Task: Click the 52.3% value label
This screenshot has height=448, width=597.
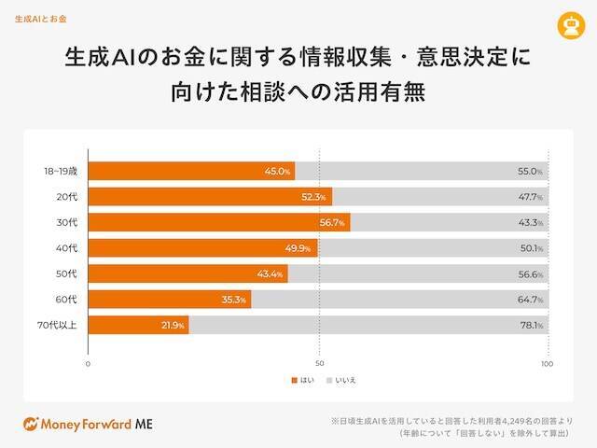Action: click(x=312, y=197)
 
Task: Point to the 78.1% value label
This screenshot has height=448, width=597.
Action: click(x=530, y=325)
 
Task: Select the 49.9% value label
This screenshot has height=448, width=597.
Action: click(x=301, y=248)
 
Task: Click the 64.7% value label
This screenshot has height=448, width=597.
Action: click(x=530, y=300)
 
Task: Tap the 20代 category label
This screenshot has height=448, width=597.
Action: click(x=67, y=197)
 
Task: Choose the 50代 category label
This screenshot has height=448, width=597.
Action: click(x=67, y=273)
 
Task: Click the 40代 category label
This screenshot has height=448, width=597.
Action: click(x=67, y=248)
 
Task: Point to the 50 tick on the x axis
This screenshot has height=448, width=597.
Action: click(x=319, y=364)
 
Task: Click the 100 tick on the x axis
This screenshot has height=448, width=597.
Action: click(x=548, y=364)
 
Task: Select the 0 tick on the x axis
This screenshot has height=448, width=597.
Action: click(x=88, y=364)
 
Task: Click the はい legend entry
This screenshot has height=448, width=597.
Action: click(x=303, y=380)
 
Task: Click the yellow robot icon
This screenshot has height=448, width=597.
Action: click(x=566, y=25)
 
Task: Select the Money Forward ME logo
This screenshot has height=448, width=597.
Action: click(x=88, y=423)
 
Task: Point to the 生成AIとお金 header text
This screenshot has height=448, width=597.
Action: click(x=40, y=18)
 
